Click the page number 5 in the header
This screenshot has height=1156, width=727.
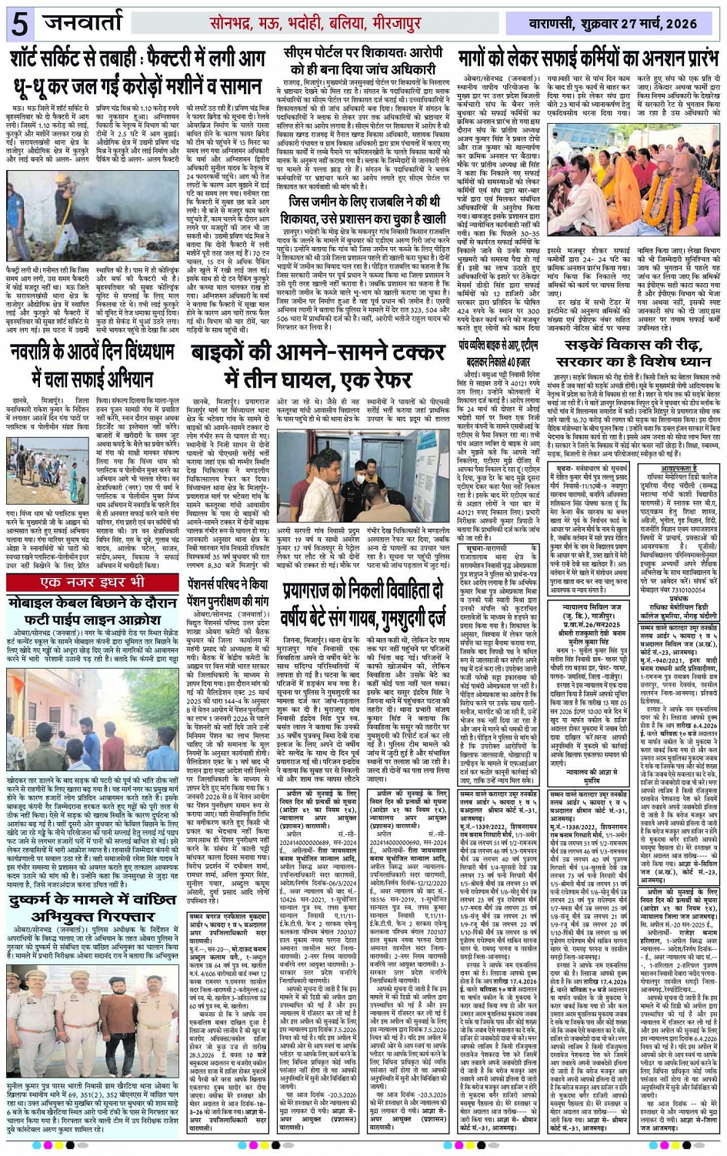click(x=19, y=25)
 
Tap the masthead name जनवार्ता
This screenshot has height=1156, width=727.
click(x=82, y=24)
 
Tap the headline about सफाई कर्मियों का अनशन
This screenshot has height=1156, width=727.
click(x=589, y=59)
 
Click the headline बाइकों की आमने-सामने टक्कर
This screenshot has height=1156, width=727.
click(x=318, y=366)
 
